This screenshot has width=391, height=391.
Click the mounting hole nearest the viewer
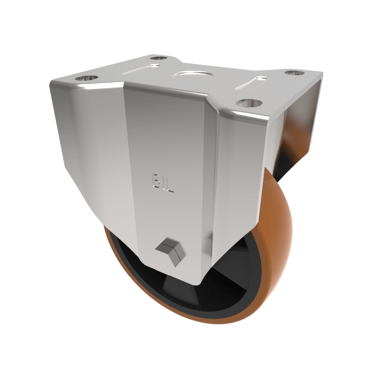[249, 104]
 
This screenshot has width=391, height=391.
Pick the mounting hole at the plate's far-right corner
[295, 73]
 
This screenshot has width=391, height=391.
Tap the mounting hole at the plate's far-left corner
[87, 78]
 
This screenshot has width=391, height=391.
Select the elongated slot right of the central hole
[251, 83]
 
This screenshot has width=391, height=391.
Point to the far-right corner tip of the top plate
[321, 74]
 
